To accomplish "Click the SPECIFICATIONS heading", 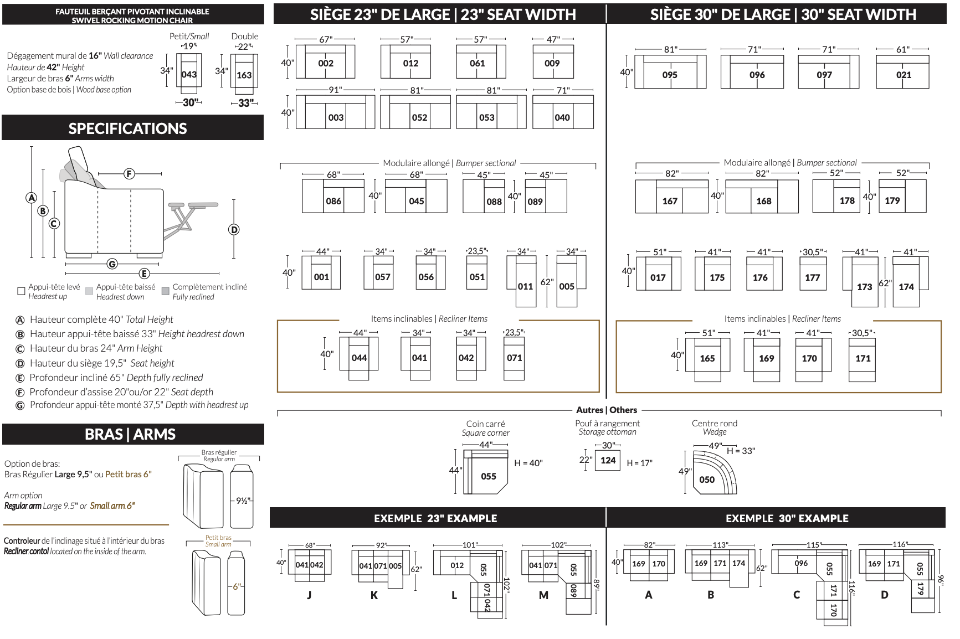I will coord(127,128).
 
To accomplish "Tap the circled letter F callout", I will coord(129,174).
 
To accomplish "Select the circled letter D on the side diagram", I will coord(234,230).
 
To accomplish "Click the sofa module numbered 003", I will coord(336,117).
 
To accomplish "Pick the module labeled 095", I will coord(670,75).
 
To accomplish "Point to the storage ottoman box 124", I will coord(608,460).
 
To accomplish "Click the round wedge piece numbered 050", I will coord(707,480).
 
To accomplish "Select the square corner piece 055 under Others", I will coord(488,476).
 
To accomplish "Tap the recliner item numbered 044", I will coord(359,358).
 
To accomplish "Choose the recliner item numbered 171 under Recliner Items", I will coord(863,358).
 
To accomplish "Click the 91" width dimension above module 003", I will coord(335,90).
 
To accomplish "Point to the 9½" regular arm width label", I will coord(243,501).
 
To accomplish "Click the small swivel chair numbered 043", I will coord(189,74).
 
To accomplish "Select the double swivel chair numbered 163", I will coord(244,75).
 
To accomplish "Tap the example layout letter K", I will coord(374,595).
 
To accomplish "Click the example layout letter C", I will coord(796,595).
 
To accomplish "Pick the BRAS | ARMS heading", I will coord(130,434).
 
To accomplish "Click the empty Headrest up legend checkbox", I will coord(21,291).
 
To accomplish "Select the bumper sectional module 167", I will coord(670,201).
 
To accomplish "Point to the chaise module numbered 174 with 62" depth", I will coord(906,287).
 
